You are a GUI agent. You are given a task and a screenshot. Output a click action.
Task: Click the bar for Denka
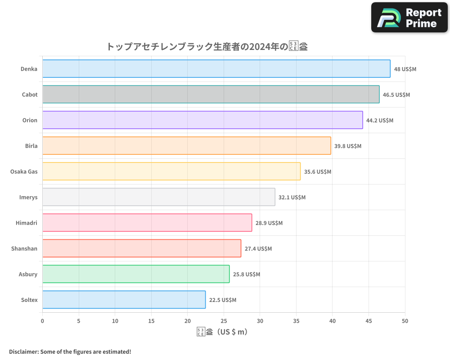click(216, 69)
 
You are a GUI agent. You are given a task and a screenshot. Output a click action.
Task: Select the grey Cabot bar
click(211, 94)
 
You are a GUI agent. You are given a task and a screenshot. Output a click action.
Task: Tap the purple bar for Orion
click(202, 120)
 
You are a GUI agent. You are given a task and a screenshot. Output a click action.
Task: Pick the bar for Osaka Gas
click(171, 171)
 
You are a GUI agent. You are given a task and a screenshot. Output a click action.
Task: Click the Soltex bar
click(124, 300)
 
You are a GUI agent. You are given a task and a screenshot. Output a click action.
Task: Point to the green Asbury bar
click(136, 274)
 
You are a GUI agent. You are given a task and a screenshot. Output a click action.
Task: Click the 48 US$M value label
click(405, 69)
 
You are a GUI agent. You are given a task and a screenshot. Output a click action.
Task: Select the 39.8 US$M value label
click(348, 146)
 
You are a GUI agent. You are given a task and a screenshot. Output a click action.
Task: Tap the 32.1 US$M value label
click(292, 198)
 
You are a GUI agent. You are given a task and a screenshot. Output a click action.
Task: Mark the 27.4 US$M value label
click(258, 249)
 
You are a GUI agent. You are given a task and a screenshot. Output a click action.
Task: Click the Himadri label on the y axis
click(27, 223)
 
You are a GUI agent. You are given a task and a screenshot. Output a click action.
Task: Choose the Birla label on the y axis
click(31, 146)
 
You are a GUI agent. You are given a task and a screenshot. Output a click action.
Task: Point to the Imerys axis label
click(28, 197)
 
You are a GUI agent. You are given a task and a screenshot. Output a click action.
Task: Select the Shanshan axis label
click(24, 248)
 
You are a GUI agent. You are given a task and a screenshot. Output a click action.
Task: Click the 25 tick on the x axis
click(224, 321)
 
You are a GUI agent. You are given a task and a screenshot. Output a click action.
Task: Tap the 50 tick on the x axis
click(405, 321)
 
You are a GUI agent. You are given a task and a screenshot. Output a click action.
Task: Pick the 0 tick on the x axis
click(42, 321)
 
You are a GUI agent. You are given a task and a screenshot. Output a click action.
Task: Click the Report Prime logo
click(409, 18)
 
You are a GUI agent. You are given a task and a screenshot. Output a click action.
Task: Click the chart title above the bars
click(207, 46)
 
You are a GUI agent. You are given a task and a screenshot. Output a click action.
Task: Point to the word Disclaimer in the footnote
click(23, 351)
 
